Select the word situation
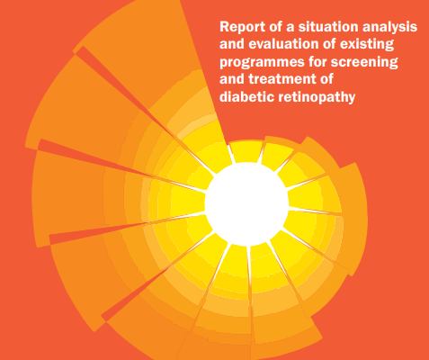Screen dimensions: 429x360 point(328,27)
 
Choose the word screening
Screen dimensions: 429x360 point(364,63)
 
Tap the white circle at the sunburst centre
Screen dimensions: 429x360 point(246,204)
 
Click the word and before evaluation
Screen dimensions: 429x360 point(232,44)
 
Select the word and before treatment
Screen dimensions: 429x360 point(232,79)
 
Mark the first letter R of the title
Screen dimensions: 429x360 point(225,27)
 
